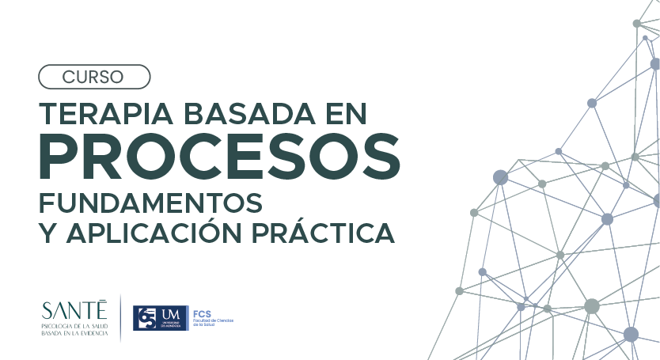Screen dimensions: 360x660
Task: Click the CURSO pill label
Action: click(93, 77)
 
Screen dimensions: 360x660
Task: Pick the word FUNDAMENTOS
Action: click(150, 203)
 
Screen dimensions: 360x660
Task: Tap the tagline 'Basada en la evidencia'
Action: click(76, 334)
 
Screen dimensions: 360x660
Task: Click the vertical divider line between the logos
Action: click(120, 317)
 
